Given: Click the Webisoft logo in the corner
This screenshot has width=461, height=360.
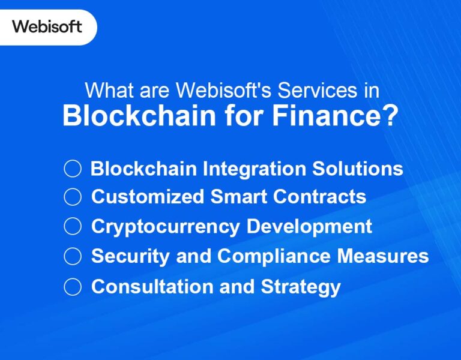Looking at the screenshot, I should click(47, 26).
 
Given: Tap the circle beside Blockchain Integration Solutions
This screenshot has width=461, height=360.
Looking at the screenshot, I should click(73, 169).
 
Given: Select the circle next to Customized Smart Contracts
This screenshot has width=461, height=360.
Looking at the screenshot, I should click(73, 196).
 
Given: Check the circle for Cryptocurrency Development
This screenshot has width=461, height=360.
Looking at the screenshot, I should click(73, 226).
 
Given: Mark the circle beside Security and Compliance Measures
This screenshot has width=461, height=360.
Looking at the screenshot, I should click(73, 256).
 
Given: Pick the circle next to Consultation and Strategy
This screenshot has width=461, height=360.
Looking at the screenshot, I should click(73, 286).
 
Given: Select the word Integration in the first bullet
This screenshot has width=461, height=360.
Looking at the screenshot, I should click(254, 169).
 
